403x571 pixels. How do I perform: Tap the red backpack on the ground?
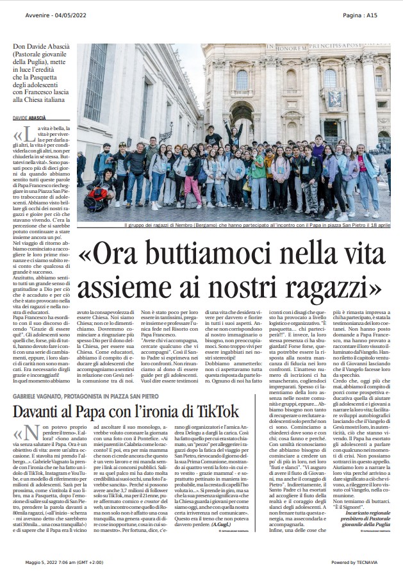pyautogui.click(x=99, y=195)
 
